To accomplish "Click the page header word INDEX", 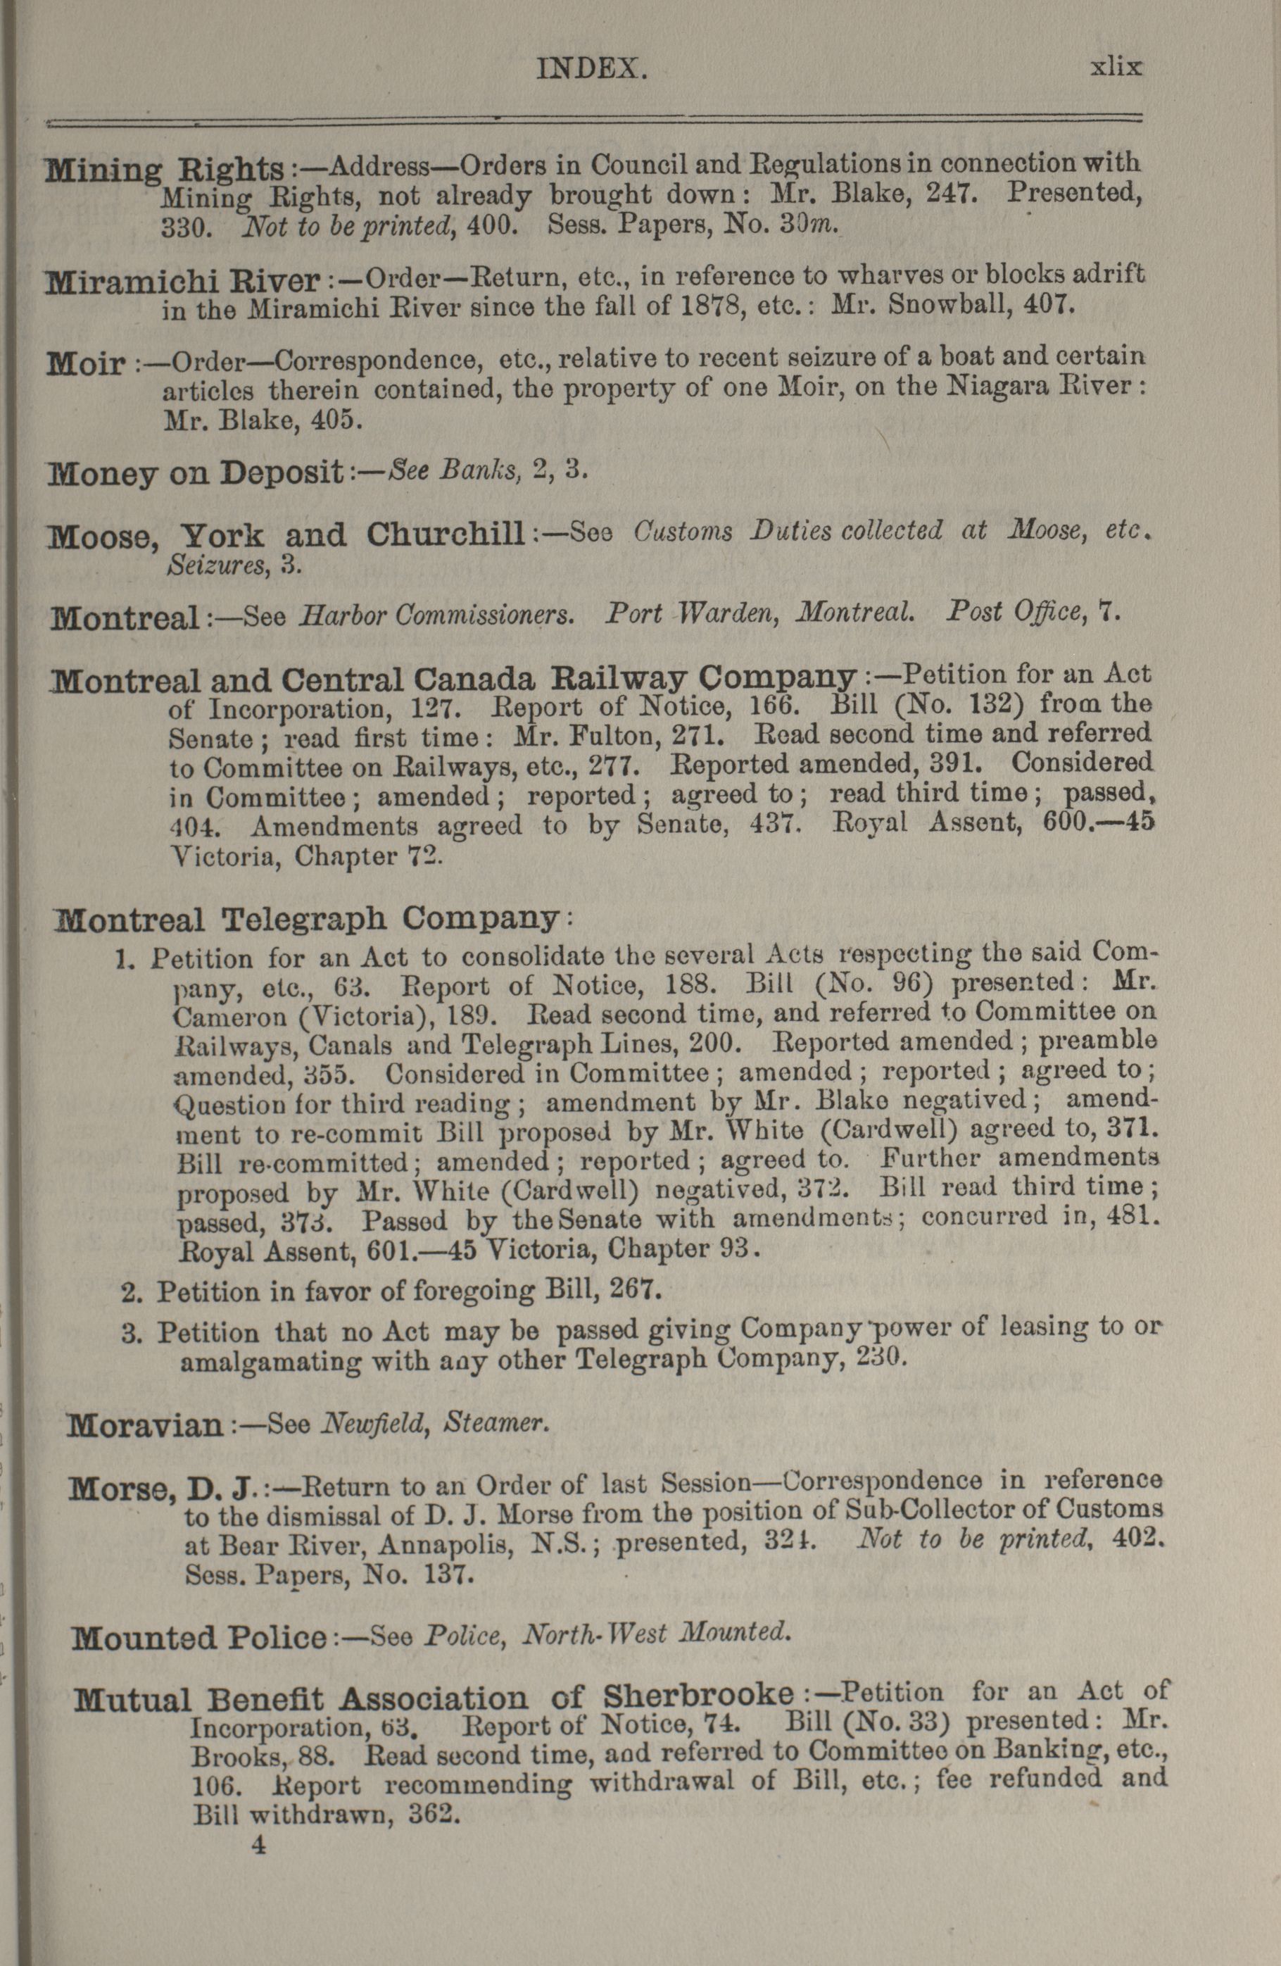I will click(x=591, y=68).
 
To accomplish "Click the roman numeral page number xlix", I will click(x=1116, y=66).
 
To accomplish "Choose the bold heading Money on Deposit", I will click(x=196, y=472).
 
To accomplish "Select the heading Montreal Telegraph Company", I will click(x=306, y=918).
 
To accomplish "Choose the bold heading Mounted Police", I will click(x=199, y=1636).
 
